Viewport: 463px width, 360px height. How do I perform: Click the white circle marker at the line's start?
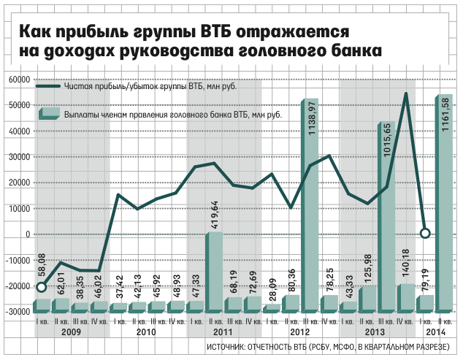[43, 287]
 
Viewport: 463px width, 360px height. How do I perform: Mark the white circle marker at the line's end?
[426, 234]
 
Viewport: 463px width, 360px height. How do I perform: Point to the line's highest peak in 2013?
[406, 93]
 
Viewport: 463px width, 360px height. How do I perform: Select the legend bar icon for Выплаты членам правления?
[48, 113]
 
